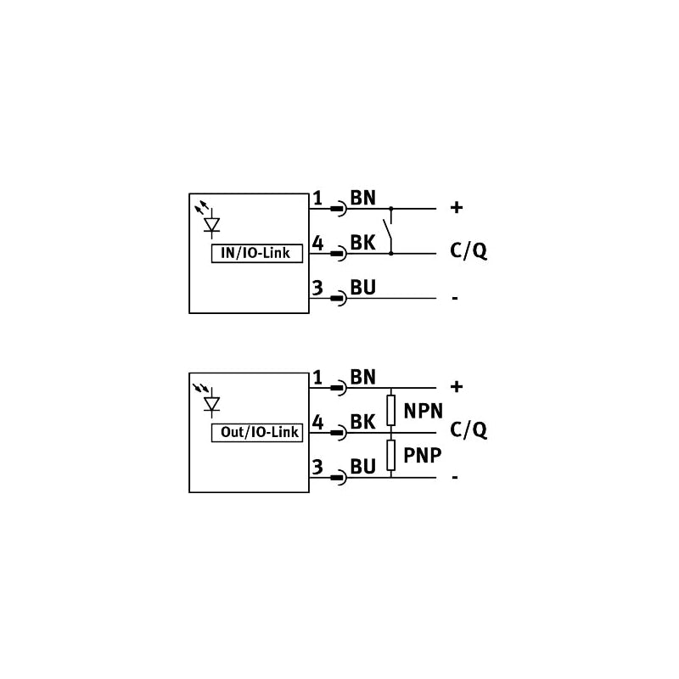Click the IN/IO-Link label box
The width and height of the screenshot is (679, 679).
point(257,253)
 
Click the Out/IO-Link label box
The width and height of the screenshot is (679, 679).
point(257,433)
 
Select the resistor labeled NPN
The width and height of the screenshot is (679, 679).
point(391,410)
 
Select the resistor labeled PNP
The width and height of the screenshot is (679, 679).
point(391,455)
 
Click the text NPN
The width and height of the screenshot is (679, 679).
point(423,411)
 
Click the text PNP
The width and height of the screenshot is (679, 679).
point(422,455)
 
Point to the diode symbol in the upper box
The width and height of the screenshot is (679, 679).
point(211,225)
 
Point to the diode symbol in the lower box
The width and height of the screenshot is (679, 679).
point(211,404)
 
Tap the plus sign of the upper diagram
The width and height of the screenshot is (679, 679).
point(457,207)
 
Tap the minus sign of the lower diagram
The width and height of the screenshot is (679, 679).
point(455,477)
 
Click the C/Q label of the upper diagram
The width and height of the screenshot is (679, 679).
point(469,250)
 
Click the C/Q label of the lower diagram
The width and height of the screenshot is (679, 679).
point(469,430)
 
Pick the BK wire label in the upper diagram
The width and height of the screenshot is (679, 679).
point(362,243)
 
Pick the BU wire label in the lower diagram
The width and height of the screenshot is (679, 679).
point(363,467)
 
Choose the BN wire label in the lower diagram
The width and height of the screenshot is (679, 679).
point(363,377)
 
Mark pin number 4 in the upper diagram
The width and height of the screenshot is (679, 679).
point(317,244)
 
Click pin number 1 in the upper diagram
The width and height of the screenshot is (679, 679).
point(317,199)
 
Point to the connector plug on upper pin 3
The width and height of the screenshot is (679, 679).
point(338,299)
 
